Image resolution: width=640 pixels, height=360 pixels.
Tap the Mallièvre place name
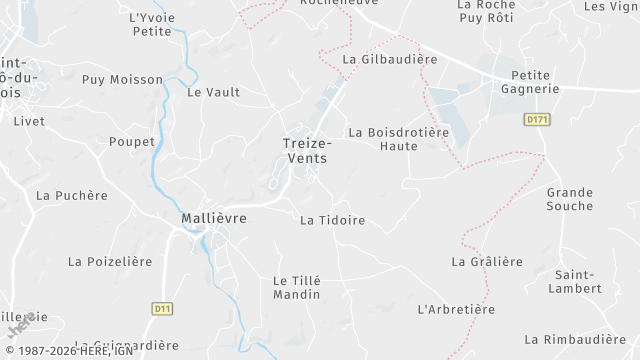pos(214,217)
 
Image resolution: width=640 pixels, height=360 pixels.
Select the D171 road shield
pos(537,119)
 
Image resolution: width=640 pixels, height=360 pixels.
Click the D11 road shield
pos(162,309)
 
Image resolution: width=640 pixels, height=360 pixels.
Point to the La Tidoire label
pos(332,220)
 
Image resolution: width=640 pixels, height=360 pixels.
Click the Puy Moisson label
pos(122,79)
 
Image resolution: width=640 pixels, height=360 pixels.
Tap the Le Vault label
pos(214,92)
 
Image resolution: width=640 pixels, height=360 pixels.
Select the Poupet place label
pos(132,142)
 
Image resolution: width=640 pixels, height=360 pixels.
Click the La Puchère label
pos(71,196)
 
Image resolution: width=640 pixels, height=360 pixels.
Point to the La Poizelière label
pos(110,262)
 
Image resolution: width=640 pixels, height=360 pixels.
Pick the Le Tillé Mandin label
pos(297,288)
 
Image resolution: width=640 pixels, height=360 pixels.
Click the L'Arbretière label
pos(456,309)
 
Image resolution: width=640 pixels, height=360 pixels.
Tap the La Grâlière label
pos(487,262)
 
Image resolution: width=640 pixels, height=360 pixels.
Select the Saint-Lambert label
pos(578,282)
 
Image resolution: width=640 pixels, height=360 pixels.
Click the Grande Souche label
pos(570,199)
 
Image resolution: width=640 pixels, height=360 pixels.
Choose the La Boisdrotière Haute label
pos(398,139)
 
